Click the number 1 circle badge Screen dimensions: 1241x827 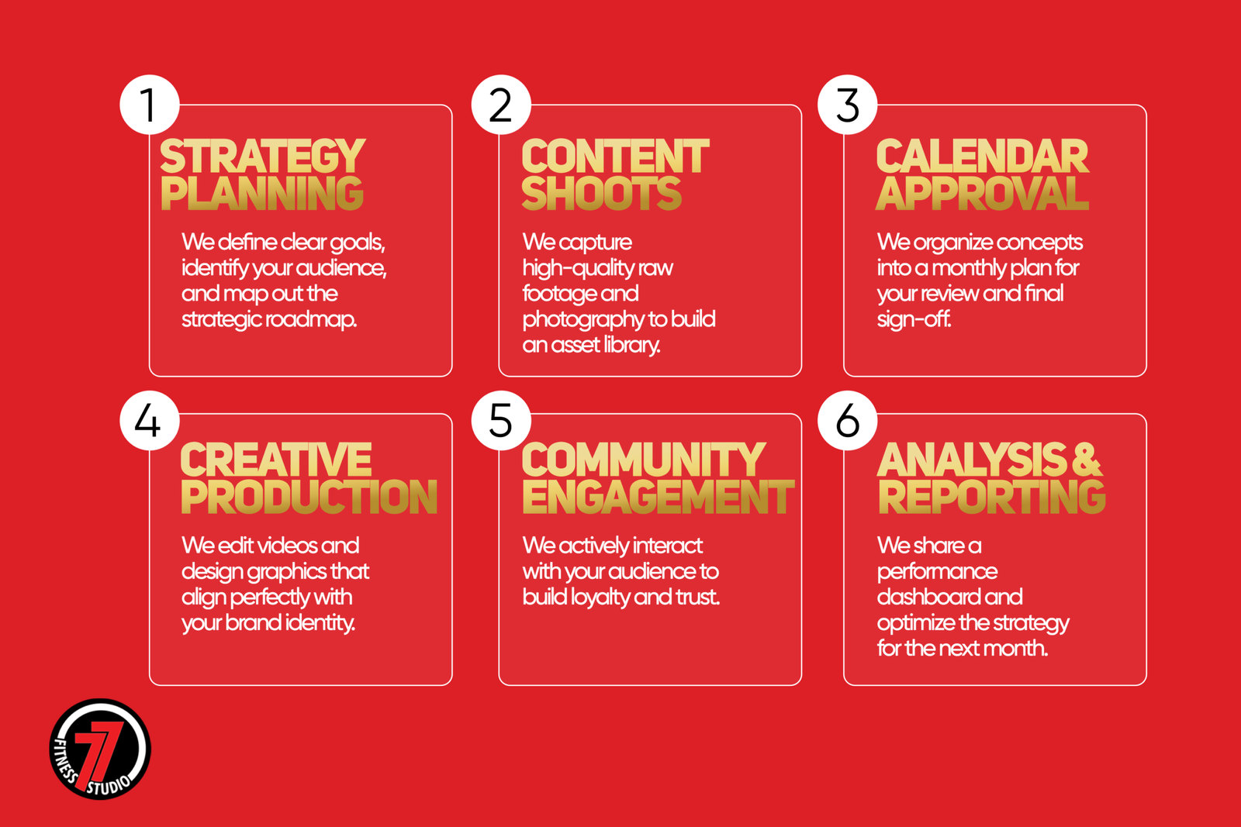click(x=150, y=105)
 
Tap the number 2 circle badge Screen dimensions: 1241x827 click(x=501, y=105)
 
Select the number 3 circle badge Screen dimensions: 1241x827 click(x=847, y=105)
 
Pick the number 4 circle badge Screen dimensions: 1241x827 click(x=150, y=421)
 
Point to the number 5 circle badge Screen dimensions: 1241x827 click(x=501, y=421)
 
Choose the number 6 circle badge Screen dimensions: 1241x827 click(x=847, y=421)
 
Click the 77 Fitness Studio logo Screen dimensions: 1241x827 click(x=100, y=749)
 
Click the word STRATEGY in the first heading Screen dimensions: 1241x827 click(x=263, y=156)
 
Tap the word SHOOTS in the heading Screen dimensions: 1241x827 click(x=602, y=193)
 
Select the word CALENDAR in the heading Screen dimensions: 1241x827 click(x=982, y=156)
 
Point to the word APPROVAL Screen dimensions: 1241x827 click(x=982, y=193)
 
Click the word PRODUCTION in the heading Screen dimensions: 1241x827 click(x=309, y=497)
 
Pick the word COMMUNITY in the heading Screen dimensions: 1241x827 click(x=644, y=460)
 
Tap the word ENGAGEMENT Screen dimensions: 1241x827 click(x=659, y=497)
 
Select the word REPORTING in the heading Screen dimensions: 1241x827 click(x=992, y=497)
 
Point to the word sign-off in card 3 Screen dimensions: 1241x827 click(x=914, y=319)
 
